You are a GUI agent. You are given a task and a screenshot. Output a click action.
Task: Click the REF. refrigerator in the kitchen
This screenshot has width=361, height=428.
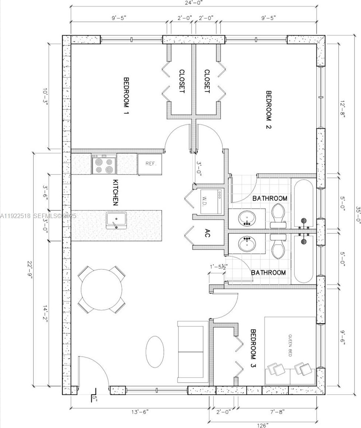(x=150, y=164)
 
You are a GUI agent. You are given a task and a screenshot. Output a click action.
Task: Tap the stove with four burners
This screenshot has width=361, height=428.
(x=104, y=164)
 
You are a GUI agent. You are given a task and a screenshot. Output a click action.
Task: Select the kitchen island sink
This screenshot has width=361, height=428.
(x=116, y=220)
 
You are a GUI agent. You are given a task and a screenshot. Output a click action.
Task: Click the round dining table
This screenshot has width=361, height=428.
(x=102, y=289)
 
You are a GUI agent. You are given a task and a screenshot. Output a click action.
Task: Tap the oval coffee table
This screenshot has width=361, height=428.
(x=155, y=352)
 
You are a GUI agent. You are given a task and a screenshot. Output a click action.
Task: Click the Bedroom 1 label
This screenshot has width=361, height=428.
(x=126, y=96)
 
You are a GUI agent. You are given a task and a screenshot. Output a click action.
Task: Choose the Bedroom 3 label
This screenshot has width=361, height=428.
(x=253, y=348)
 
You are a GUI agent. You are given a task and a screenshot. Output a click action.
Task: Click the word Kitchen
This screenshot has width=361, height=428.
(x=116, y=192)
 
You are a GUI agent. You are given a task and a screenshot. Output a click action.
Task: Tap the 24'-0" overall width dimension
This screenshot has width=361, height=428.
(x=194, y=3)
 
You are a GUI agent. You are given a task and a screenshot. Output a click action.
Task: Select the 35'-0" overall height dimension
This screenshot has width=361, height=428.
(x=358, y=215)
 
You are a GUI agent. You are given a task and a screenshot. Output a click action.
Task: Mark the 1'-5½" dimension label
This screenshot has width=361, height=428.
(x=219, y=266)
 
